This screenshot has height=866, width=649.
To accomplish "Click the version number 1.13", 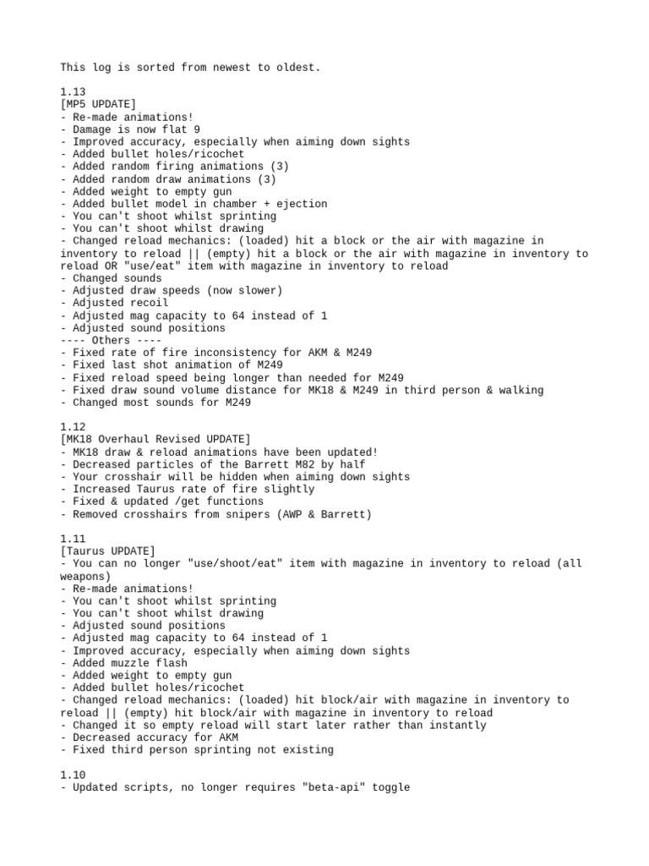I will coord(73,92).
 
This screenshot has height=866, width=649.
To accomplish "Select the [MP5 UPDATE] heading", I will coord(98,105).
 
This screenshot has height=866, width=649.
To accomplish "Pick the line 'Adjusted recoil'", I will coord(117,303).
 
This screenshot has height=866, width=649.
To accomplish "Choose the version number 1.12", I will coord(73,427).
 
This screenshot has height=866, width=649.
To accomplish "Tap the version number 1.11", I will coord(73,539).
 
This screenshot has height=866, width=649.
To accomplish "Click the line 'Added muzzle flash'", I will coord(127,663).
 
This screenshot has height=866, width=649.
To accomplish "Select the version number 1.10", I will coord(73,775).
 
